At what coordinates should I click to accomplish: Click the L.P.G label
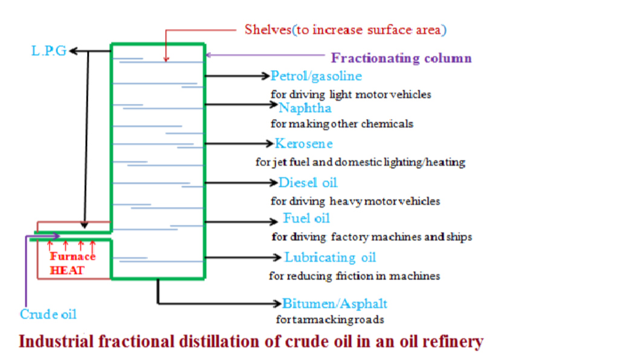(x=49, y=51)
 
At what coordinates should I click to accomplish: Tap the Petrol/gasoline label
(x=316, y=76)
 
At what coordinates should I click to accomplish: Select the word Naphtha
(x=305, y=108)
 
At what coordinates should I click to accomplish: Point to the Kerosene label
(x=303, y=144)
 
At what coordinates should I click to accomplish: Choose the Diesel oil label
(x=308, y=182)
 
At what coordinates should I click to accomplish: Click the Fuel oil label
(x=306, y=218)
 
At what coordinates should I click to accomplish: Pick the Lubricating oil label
(x=330, y=257)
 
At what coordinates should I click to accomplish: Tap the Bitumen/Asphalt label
(x=335, y=303)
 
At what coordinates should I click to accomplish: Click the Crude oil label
(x=48, y=315)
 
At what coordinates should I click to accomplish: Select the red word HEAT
(x=67, y=270)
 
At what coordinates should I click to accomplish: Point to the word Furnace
(x=73, y=257)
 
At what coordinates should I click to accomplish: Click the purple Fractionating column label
(x=401, y=59)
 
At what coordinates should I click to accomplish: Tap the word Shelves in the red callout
(x=268, y=29)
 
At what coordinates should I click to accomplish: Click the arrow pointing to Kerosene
(x=239, y=144)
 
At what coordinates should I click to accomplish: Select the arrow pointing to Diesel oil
(x=241, y=182)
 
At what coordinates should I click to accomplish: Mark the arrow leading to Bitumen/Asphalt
(x=242, y=302)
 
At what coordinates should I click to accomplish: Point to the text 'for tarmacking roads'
(x=330, y=320)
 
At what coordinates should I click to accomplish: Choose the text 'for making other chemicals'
(x=342, y=124)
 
